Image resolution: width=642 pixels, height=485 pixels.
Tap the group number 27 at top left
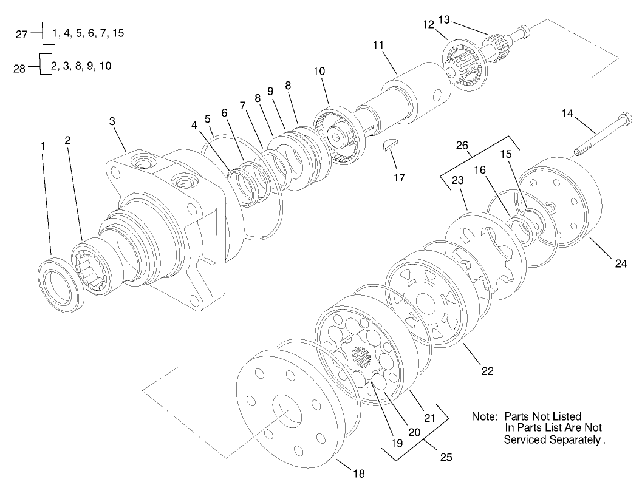point(21,35)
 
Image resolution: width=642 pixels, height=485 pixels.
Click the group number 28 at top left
point(19,69)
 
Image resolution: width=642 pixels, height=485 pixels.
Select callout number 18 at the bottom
point(359,473)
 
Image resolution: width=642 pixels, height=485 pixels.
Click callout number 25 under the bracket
point(446,456)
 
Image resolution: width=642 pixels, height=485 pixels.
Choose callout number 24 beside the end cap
point(620,263)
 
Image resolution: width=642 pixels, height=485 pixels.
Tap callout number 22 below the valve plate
point(487,370)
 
